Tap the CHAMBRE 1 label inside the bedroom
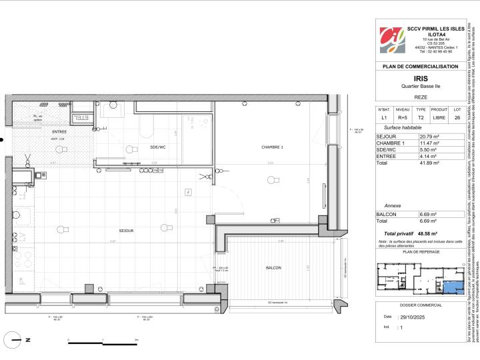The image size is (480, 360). click(272, 147)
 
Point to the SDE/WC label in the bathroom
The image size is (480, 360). click(158, 147)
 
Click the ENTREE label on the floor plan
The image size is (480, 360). click(60, 133)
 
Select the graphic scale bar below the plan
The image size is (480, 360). click(103, 342)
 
